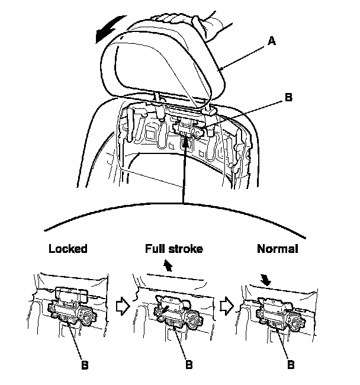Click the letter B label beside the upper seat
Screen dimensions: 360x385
coord(288,98)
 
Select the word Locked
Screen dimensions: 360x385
coord(67,249)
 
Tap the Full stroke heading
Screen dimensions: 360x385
coord(174,249)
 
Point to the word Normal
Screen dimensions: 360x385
coord(277,249)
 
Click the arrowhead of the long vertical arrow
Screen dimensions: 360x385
coord(186,142)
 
